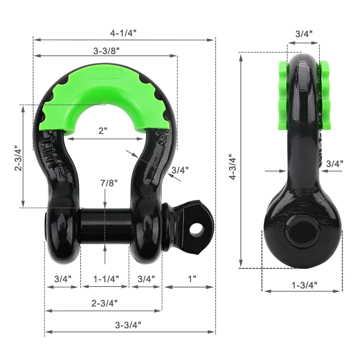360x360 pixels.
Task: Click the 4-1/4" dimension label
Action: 123,33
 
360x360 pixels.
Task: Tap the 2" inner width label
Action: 103,131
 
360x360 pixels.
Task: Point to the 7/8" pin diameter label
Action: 105,183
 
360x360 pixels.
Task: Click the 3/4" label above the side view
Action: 303,34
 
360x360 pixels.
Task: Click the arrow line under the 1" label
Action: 190,287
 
